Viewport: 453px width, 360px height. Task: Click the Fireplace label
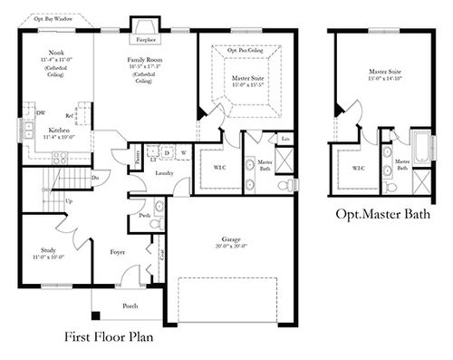pos(145,40)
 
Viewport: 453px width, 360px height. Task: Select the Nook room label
pos(56,53)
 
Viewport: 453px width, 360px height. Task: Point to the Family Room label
pos(145,58)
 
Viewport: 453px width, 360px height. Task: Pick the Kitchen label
pos(61,130)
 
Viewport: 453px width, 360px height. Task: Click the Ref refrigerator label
pos(70,116)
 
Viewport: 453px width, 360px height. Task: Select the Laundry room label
pos(164,171)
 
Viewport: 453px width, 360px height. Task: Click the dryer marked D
pos(167,153)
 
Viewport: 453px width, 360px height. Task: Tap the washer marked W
pos(184,153)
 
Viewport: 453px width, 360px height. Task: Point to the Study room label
pos(49,249)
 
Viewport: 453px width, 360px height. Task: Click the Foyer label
pos(118,252)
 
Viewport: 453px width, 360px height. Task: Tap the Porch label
pos(131,306)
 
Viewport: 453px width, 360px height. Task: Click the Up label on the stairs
pos(69,201)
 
